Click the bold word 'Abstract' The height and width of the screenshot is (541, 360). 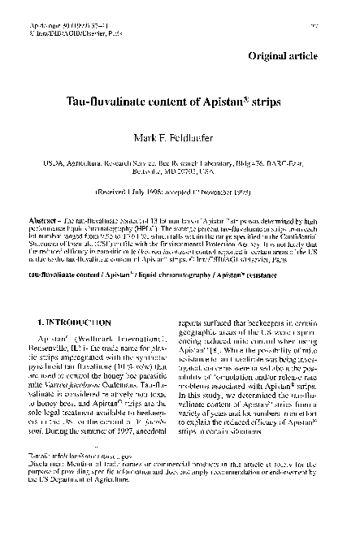coord(42,220)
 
